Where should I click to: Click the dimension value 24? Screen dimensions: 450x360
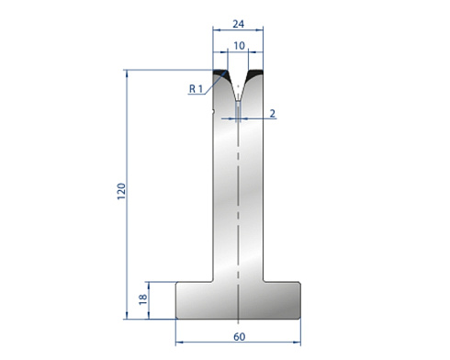point(239,24)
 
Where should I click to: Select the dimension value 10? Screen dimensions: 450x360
point(239,46)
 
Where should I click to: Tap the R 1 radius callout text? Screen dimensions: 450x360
point(196,89)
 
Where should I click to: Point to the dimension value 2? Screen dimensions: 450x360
point(273,114)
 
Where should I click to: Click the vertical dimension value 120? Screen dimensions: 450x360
point(121,191)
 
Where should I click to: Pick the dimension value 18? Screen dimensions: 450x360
point(143,299)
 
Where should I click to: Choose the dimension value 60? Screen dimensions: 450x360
point(239,337)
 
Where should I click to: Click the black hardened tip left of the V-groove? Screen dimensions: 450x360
point(220,73)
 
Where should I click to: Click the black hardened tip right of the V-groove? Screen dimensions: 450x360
point(255,73)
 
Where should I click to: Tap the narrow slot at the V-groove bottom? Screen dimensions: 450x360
point(238,111)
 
